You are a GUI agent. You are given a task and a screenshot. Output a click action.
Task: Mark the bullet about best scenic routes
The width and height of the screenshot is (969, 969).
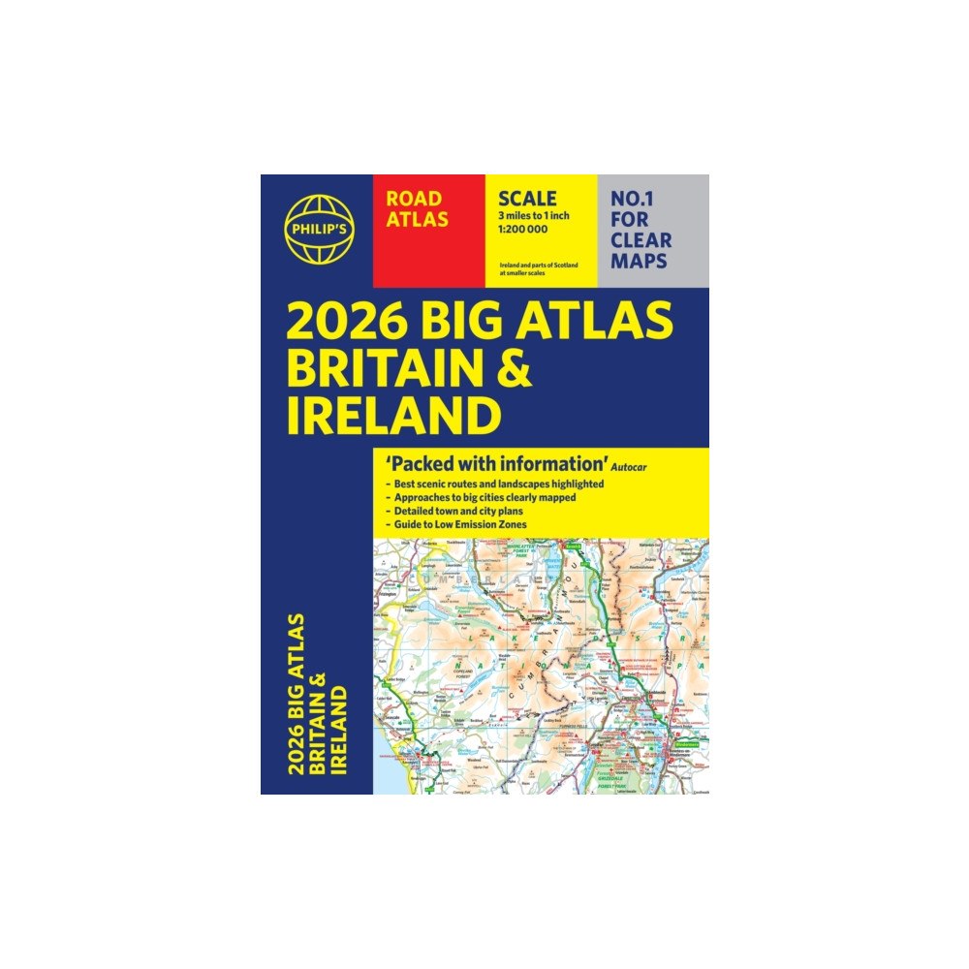coord(495,483)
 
